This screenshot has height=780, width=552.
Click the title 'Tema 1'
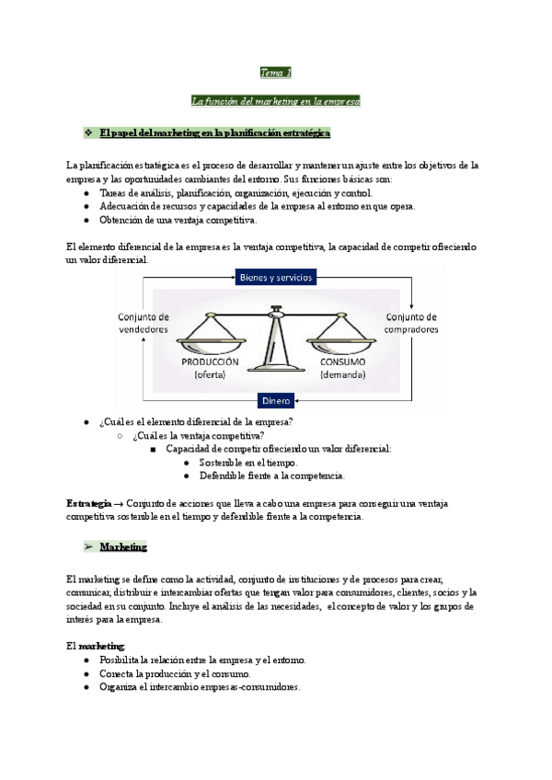click(x=275, y=73)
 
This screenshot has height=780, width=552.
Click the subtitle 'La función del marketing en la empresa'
click(x=275, y=100)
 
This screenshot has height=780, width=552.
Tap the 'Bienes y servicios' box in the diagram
click(x=275, y=277)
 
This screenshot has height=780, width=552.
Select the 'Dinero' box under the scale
click(x=276, y=400)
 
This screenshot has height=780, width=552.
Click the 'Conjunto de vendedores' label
click(x=144, y=323)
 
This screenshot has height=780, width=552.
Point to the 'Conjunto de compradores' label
click(x=410, y=323)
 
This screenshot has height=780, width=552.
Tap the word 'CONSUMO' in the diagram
click(x=343, y=361)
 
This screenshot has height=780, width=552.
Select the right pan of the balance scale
click(x=341, y=341)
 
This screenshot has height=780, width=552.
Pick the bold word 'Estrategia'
click(x=88, y=503)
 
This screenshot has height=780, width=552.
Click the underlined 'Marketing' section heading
click(x=123, y=546)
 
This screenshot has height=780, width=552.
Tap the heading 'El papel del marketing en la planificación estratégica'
click(x=214, y=133)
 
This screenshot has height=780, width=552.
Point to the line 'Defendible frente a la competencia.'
click(x=271, y=476)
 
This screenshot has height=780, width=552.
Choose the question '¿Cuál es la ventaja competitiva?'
click(x=198, y=435)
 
